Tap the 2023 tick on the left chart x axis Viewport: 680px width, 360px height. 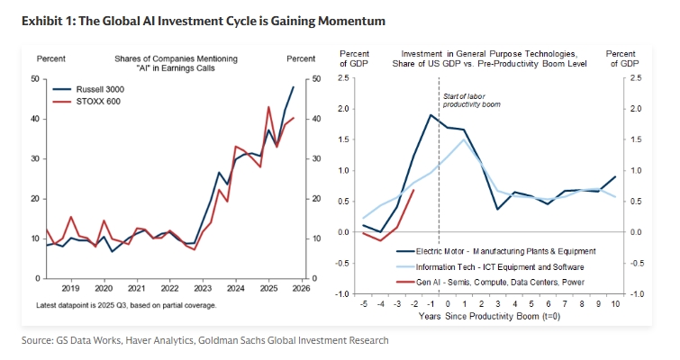pyautogui.click(x=202, y=288)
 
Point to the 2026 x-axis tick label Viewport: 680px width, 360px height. pyautogui.click(x=301, y=288)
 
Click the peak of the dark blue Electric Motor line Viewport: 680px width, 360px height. pyautogui.click(x=431, y=115)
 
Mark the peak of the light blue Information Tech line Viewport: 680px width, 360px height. pyautogui.click(x=463, y=139)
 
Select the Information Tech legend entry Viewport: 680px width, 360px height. pyautogui.click(x=500, y=265)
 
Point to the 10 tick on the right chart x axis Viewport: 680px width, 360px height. pyautogui.click(x=616, y=304)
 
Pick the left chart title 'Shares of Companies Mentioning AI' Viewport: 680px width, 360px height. pyautogui.click(x=176, y=58)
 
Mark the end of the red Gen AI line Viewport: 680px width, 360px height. pyautogui.click(x=414, y=190)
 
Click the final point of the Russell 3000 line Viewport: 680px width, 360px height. pyautogui.click(x=294, y=87)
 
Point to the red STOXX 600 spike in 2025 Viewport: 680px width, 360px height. pyautogui.click(x=269, y=107)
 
